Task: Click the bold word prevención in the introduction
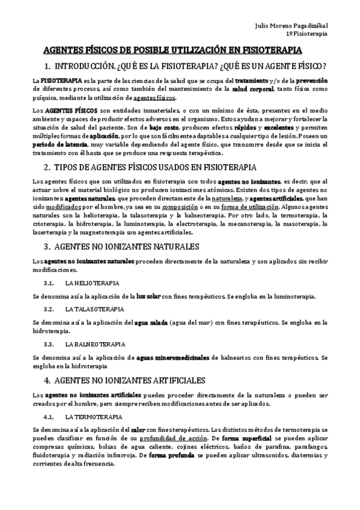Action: tap(312, 80)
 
